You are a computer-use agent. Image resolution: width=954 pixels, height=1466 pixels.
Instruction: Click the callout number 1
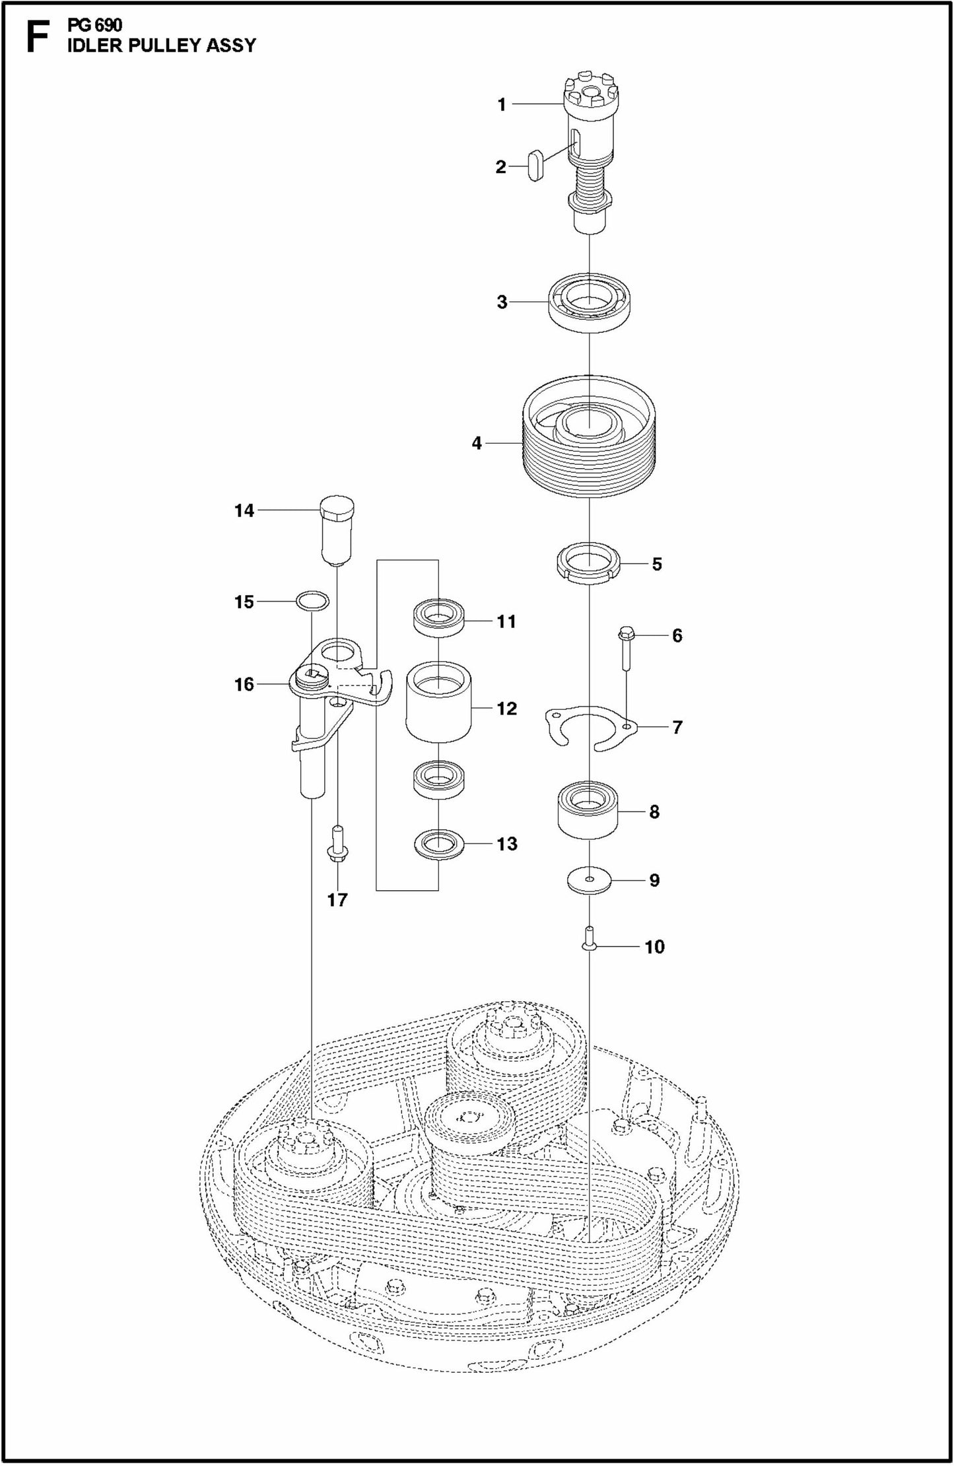click(x=501, y=104)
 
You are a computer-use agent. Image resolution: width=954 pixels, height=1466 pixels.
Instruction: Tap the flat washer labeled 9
click(x=589, y=880)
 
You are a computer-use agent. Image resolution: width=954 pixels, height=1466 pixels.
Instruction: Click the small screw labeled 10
click(x=588, y=941)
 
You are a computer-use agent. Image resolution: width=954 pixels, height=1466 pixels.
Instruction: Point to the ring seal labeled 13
click(x=438, y=844)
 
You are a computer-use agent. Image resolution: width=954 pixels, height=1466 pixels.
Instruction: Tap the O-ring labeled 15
click(x=312, y=602)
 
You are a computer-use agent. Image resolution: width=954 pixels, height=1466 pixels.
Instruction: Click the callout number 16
click(x=244, y=684)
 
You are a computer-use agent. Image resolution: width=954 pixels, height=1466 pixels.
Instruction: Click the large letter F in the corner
click(x=36, y=38)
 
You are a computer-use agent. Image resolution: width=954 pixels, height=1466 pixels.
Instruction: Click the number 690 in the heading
click(x=108, y=26)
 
